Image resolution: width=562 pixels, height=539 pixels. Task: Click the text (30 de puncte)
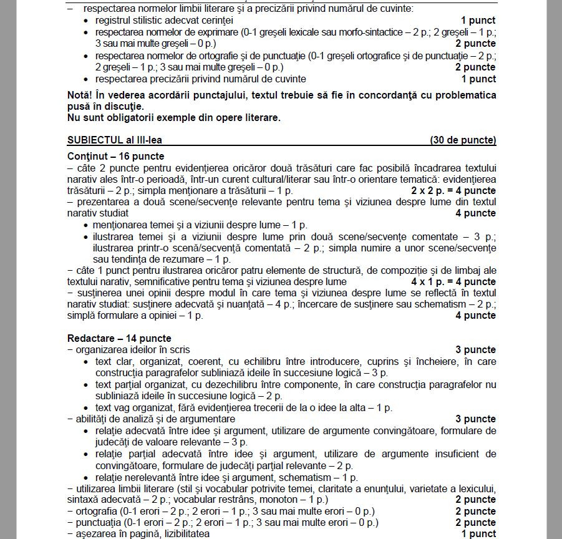pyautogui.click(x=463, y=140)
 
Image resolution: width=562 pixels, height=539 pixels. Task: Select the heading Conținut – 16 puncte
pyautogui.click(x=115, y=157)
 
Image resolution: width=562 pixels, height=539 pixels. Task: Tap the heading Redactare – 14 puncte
pyautogui.click(x=119, y=338)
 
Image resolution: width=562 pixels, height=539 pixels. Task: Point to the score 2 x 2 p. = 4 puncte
pyautogui.click(x=453, y=191)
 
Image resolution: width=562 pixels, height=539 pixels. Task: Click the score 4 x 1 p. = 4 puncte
pyautogui.click(x=453, y=282)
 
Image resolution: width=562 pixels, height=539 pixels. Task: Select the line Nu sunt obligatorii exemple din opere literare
pyautogui.click(x=173, y=118)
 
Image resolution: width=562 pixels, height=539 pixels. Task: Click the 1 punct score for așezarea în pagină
pyautogui.click(x=478, y=534)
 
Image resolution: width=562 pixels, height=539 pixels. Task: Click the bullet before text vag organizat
pyautogui.click(x=86, y=408)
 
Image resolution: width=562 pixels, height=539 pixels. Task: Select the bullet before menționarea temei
pyautogui.click(x=86, y=225)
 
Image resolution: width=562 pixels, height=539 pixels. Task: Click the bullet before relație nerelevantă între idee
pyautogui.click(x=86, y=477)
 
